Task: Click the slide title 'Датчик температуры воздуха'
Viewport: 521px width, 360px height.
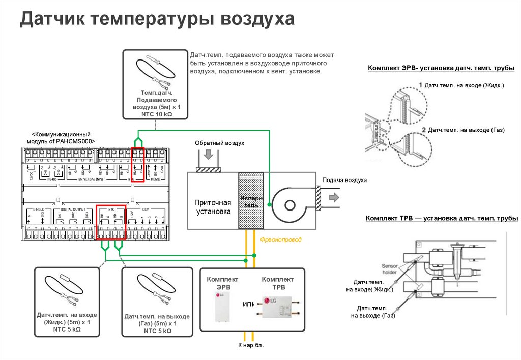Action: point(157,20)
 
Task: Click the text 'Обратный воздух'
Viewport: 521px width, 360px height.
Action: point(220,143)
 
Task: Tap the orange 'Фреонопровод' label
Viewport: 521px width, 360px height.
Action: point(281,238)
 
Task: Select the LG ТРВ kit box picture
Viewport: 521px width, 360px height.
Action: point(277,307)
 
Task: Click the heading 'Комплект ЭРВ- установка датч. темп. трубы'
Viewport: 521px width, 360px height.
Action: point(441,68)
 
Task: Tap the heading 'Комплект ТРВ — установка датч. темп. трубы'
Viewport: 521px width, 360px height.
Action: point(442,219)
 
